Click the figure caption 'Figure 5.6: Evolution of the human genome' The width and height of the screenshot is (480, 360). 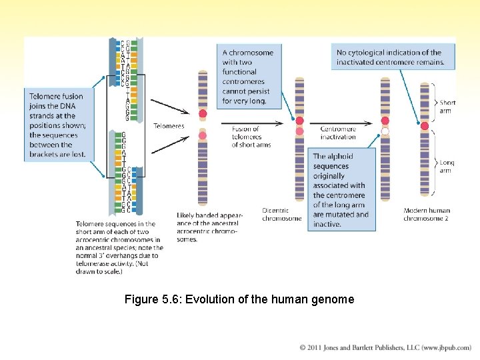(x=239, y=299)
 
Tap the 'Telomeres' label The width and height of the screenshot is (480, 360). (x=169, y=125)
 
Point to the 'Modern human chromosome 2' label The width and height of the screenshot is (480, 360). (x=427, y=214)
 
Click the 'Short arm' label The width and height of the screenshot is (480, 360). (x=447, y=107)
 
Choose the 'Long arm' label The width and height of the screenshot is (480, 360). (x=447, y=166)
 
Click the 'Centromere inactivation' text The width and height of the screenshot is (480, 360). (x=338, y=133)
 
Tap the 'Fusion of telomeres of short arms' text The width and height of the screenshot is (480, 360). (x=251, y=136)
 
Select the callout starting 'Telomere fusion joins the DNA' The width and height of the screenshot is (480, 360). (x=57, y=125)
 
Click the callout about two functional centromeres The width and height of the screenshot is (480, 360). (x=247, y=76)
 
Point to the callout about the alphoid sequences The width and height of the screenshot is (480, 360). (x=341, y=191)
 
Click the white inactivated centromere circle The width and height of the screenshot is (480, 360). (x=385, y=131)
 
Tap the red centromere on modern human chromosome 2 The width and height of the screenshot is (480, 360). (x=425, y=125)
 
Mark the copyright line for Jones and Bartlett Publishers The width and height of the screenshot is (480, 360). (x=385, y=347)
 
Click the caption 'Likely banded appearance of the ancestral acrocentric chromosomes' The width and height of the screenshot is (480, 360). (x=210, y=227)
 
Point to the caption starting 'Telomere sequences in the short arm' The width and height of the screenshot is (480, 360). (x=119, y=247)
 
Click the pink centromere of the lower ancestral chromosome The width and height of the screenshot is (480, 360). (x=203, y=137)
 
